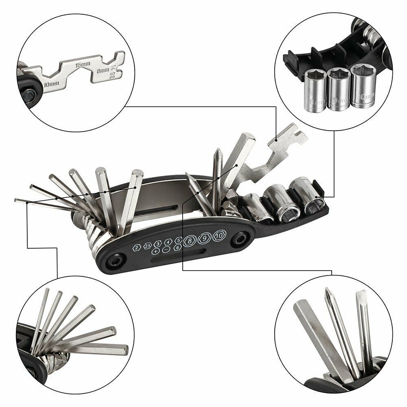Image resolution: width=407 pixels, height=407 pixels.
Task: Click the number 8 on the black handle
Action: [x=190, y=241]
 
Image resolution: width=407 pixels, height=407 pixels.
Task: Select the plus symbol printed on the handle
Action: [x=155, y=252]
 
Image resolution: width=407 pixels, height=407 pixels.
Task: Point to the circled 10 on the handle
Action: [x=219, y=235]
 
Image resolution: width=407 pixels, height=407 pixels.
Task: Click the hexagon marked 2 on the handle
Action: [x=137, y=247]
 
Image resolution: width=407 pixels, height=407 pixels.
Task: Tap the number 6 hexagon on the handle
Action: [x=177, y=247]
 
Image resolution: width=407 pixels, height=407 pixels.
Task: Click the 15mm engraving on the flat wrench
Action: [x=83, y=64]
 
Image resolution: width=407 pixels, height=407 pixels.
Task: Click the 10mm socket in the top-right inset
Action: [x=363, y=86]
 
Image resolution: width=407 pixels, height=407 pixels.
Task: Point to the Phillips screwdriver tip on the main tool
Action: [x=219, y=154]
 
